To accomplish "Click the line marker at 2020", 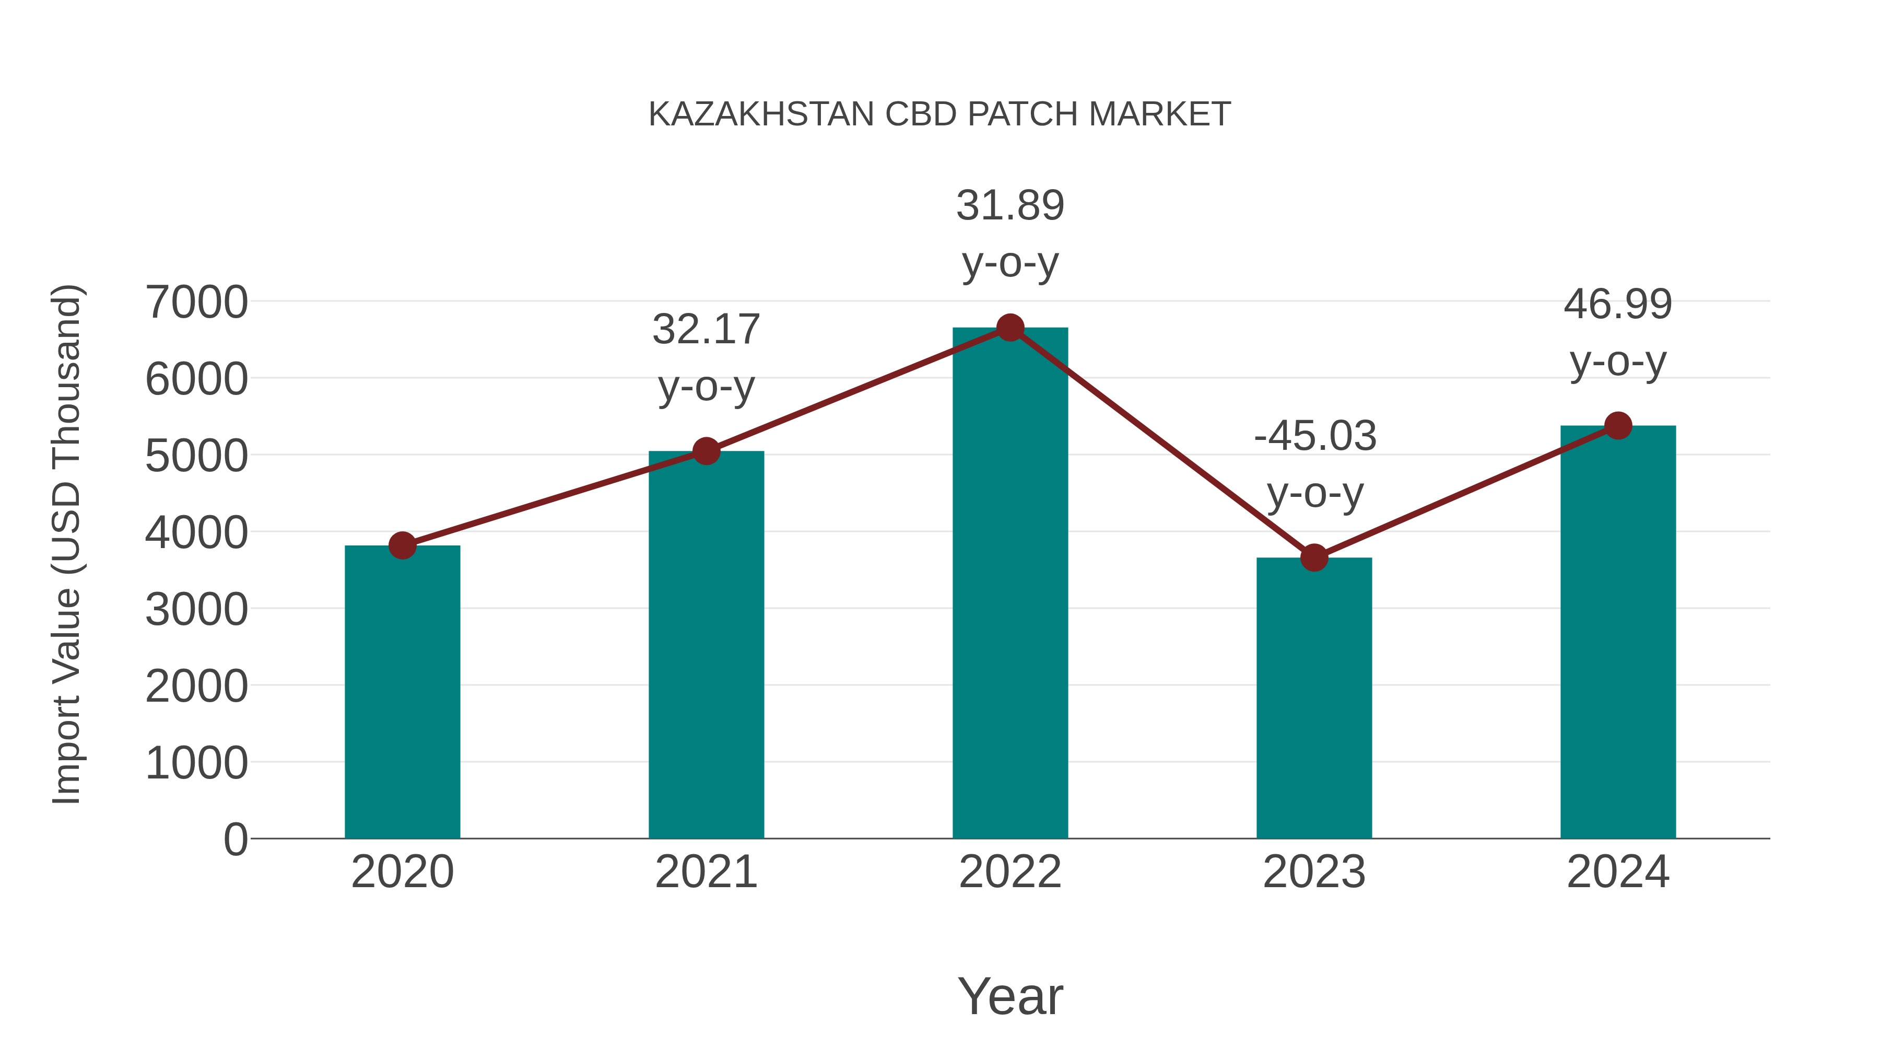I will pyautogui.click(x=402, y=545).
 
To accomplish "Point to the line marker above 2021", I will pyautogui.click(x=706, y=451).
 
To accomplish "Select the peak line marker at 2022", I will pyautogui.click(x=1010, y=328).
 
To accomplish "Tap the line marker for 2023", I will pyautogui.click(x=1314, y=558).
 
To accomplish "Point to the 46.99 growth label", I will pyautogui.click(x=1618, y=332).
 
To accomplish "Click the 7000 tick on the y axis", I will pyautogui.click(x=196, y=303).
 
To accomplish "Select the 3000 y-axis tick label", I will pyautogui.click(x=196, y=610).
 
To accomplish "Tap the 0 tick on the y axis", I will pyautogui.click(x=235, y=839).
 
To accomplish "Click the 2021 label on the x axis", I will pyautogui.click(x=706, y=872).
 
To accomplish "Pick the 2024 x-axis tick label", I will pyautogui.click(x=1618, y=872).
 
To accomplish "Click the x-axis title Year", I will pyautogui.click(x=1010, y=996).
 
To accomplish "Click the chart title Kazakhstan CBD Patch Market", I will pyautogui.click(x=939, y=114).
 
